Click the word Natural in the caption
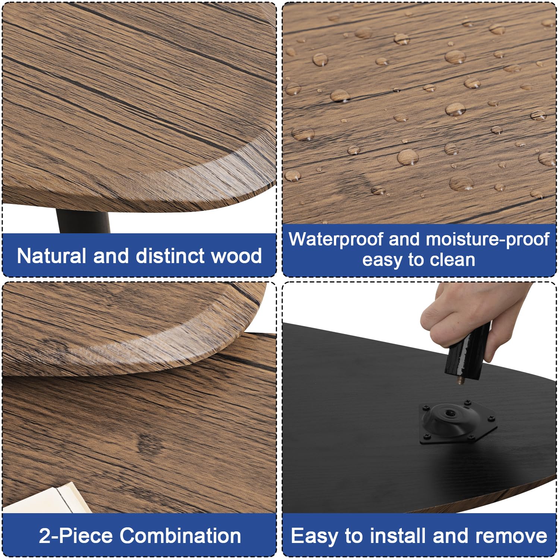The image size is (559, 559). click(x=51, y=256)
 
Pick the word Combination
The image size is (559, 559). click(x=180, y=536)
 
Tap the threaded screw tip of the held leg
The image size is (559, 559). click(x=460, y=379)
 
